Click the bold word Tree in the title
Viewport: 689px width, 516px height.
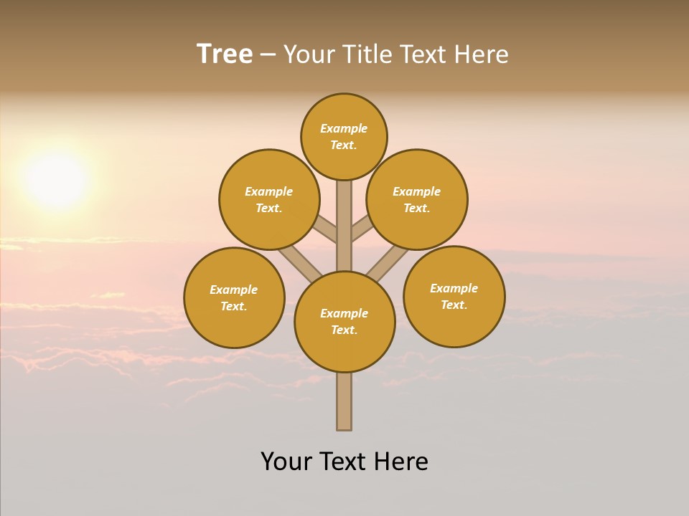tap(225, 54)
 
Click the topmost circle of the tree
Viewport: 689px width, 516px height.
tap(344, 136)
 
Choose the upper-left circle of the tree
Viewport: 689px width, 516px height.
tap(269, 199)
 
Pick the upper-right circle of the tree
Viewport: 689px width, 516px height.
tap(417, 199)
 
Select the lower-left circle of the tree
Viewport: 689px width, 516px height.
tap(234, 297)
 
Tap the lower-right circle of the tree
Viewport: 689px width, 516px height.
tap(454, 296)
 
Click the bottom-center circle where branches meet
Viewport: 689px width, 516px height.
tap(344, 322)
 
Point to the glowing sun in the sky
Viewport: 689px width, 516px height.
tap(56, 179)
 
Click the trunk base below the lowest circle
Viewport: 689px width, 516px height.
tap(344, 401)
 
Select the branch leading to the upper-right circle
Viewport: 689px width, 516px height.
tap(362, 229)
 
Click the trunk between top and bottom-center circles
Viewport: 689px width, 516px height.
tap(344, 226)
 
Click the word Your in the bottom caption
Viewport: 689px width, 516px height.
tap(286, 462)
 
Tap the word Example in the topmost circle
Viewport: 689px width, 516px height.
tap(344, 128)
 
